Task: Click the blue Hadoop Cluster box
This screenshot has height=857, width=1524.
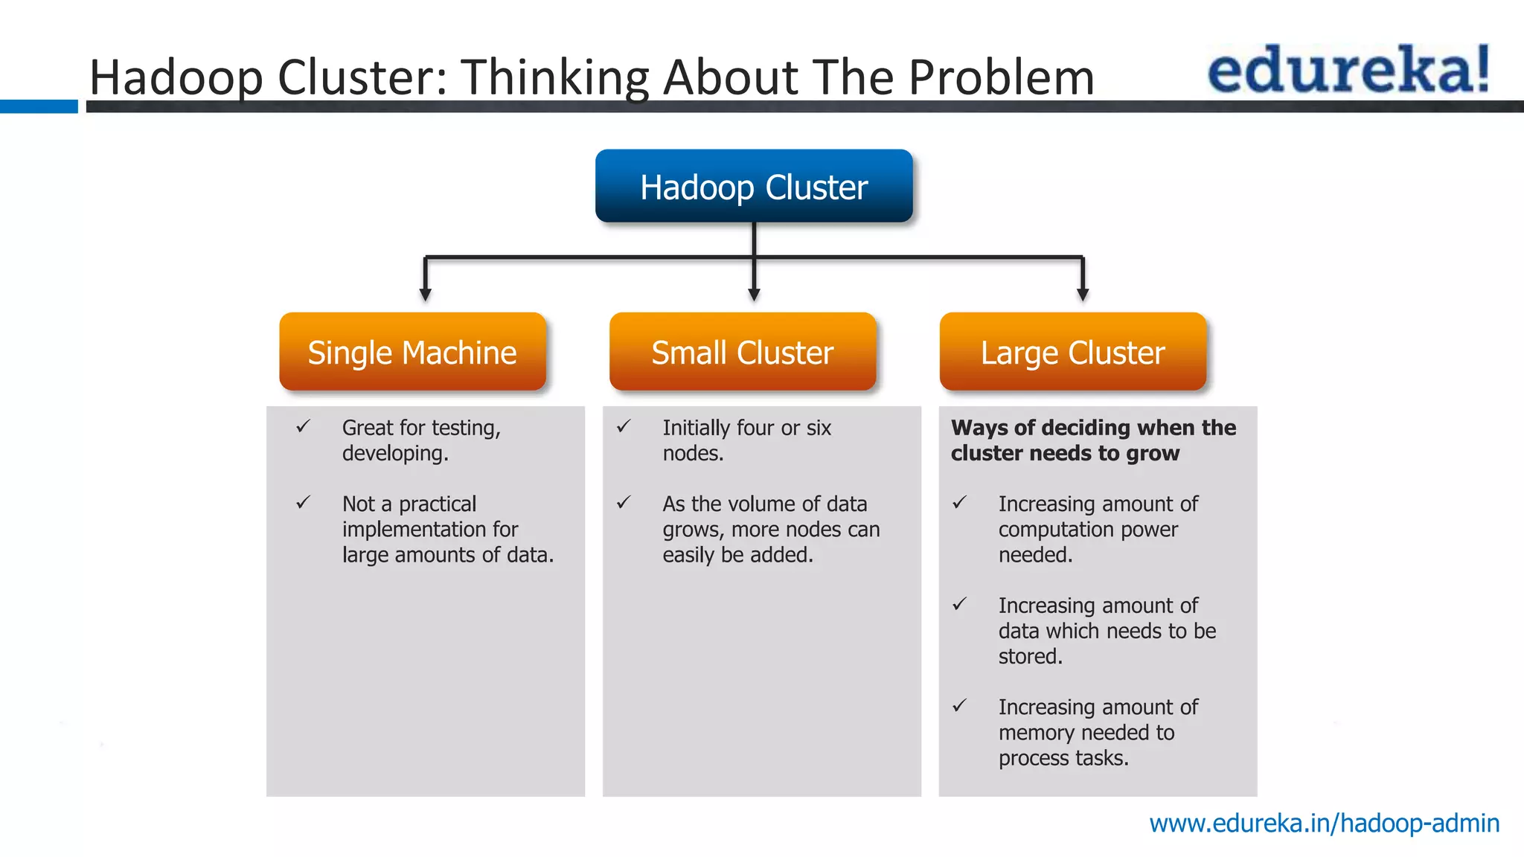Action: click(x=754, y=186)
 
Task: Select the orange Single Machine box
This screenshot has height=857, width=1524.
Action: click(x=412, y=352)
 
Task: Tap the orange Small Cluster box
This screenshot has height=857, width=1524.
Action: click(x=743, y=352)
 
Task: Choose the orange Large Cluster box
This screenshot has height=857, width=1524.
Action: click(x=1072, y=352)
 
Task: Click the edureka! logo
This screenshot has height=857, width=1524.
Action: click(x=1348, y=70)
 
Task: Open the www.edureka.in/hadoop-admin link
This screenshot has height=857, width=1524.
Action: click(x=1324, y=824)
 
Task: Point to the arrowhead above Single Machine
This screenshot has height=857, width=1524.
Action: click(x=425, y=295)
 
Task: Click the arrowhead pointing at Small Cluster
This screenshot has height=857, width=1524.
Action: click(x=754, y=295)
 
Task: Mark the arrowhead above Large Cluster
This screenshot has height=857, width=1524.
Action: click(x=1083, y=295)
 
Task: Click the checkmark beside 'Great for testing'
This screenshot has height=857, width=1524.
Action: click(x=303, y=427)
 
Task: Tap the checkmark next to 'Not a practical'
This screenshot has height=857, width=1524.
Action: click(x=303, y=503)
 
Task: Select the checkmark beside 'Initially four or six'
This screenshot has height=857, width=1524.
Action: click(x=624, y=427)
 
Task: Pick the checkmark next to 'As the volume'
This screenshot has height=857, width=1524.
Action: click(x=624, y=503)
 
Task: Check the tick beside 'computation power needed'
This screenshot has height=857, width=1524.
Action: click(x=960, y=503)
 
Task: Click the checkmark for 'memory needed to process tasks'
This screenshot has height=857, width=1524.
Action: click(x=960, y=706)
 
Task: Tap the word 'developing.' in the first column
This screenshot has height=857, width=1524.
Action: click(x=395, y=454)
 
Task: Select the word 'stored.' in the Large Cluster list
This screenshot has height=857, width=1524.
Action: click(x=1030, y=656)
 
